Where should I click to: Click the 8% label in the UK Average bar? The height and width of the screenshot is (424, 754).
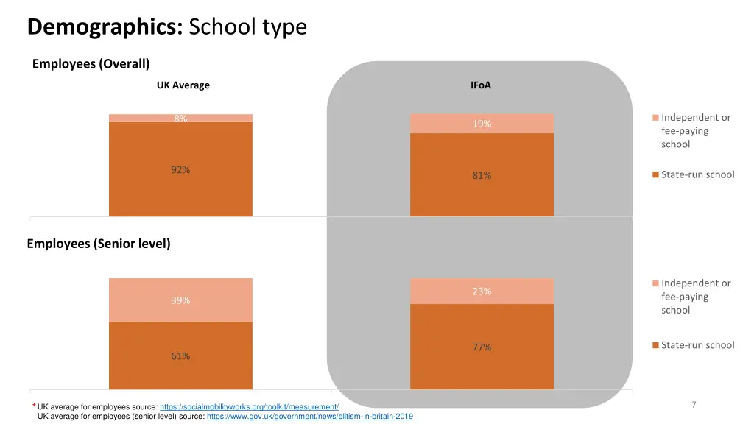180,118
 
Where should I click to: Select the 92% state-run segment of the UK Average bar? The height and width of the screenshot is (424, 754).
180,169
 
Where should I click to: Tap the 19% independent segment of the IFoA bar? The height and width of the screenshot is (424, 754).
482,124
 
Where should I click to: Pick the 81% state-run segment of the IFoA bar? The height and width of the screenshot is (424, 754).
482,175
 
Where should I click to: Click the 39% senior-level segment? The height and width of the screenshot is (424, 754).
180,300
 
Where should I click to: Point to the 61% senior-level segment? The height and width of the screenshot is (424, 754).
180,356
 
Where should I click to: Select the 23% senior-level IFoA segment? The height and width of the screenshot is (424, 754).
482,291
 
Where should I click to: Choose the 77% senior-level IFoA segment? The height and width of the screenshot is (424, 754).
482,347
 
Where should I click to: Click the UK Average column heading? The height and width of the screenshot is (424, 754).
183,85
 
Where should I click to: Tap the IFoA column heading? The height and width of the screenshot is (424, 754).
481,85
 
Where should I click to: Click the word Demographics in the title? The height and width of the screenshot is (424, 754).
105,27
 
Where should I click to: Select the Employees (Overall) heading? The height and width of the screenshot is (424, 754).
91,64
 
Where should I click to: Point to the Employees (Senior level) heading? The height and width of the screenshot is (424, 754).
99,244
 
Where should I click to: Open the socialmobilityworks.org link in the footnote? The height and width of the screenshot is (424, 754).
249,407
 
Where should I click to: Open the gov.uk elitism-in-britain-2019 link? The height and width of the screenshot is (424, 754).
310,417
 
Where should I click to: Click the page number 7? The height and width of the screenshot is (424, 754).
694,404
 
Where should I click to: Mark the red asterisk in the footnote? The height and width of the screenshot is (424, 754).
33,407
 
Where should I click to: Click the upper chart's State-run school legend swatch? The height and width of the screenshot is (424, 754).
655,175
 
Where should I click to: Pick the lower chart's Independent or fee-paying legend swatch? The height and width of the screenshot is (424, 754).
655,283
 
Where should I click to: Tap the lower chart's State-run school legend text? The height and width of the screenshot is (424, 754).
697,345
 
